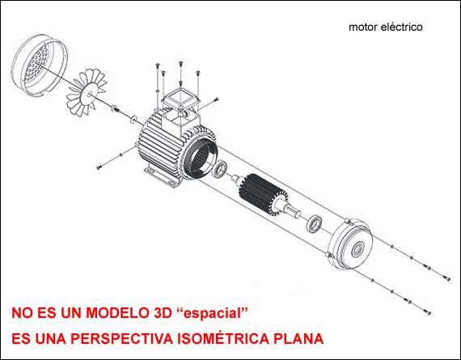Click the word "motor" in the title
pyautogui.click(x=363, y=28)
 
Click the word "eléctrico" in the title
pyautogui.click(x=402, y=27)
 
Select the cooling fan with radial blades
pyautogui.click(x=87, y=92)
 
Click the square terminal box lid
pyautogui.click(x=180, y=100)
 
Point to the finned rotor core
pyautogui.click(x=263, y=194)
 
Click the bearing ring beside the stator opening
pyautogui.click(x=219, y=170)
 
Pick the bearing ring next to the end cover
pyautogui.click(x=315, y=224)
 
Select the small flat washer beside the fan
pyautogui.click(x=133, y=120)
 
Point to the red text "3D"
pyautogui.click(x=163, y=312)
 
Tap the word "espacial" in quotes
pyautogui.click(x=212, y=313)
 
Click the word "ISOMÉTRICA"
pyautogui.click(x=223, y=338)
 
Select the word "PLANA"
pyautogui.click(x=298, y=338)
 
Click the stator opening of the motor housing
pyautogui.click(x=201, y=159)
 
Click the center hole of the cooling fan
pyautogui.click(x=90, y=95)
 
